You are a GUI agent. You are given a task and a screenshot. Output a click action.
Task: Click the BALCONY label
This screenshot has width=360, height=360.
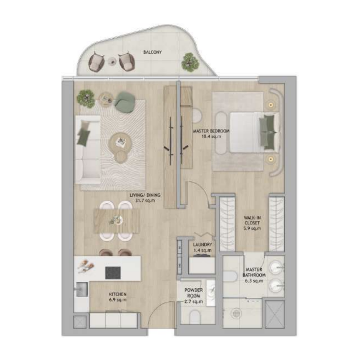pos(153,52)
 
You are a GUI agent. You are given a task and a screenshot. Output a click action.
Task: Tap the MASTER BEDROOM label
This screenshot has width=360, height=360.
pos(211,131)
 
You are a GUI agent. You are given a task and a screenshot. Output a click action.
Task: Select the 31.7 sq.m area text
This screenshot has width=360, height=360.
pos(145,201)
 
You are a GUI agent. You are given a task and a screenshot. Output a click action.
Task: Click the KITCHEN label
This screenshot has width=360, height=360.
pos(118,294)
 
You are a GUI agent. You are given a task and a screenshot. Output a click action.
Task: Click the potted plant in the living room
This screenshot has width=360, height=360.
pos(85,97)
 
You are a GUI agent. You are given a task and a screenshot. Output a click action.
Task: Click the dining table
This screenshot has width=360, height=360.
pos(117,220)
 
